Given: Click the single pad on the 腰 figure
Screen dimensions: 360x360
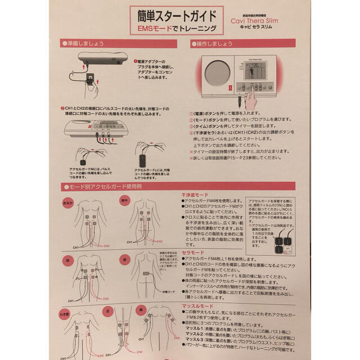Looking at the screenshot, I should (x=148, y=274).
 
